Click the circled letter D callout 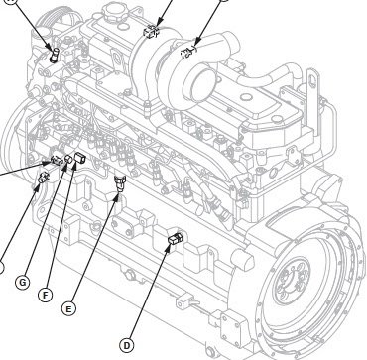[x=126, y=345]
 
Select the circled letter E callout [x=68, y=308]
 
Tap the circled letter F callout [x=45, y=295]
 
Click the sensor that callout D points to [x=175, y=238]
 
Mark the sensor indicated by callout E [x=120, y=180]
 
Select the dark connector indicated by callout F [x=80, y=158]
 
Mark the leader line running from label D [x=149, y=293]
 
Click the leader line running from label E [x=94, y=246]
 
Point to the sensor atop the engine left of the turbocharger [x=152, y=32]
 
